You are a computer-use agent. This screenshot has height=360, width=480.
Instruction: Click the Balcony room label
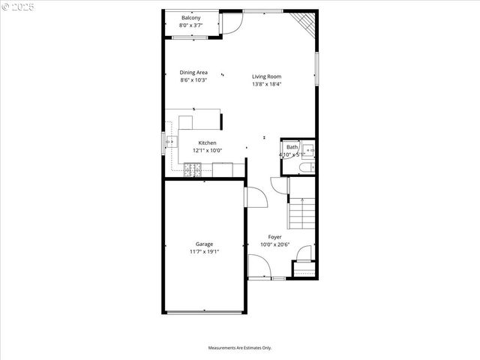(x=190, y=17)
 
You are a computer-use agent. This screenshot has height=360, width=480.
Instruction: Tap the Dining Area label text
(x=193, y=72)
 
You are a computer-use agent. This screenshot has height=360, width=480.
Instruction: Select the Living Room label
(x=266, y=76)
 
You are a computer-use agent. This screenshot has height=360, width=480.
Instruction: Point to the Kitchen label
(x=207, y=142)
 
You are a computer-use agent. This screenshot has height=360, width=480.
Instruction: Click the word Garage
(x=204, y=244)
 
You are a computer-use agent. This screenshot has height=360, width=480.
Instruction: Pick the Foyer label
(x=275, y=237)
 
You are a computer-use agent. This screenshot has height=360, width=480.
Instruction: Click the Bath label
(x=291, y=147)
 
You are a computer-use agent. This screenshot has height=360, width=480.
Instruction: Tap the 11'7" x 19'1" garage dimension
(x=204, y=252)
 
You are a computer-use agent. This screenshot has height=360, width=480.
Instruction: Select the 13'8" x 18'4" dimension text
(x=266, y=84)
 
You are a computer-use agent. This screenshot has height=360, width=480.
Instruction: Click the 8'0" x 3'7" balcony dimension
(x=190, y=25)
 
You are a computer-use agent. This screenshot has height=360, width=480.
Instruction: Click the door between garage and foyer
(x=256, y=197)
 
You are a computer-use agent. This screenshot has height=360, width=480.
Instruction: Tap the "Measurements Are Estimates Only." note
(x=240, y=348)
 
